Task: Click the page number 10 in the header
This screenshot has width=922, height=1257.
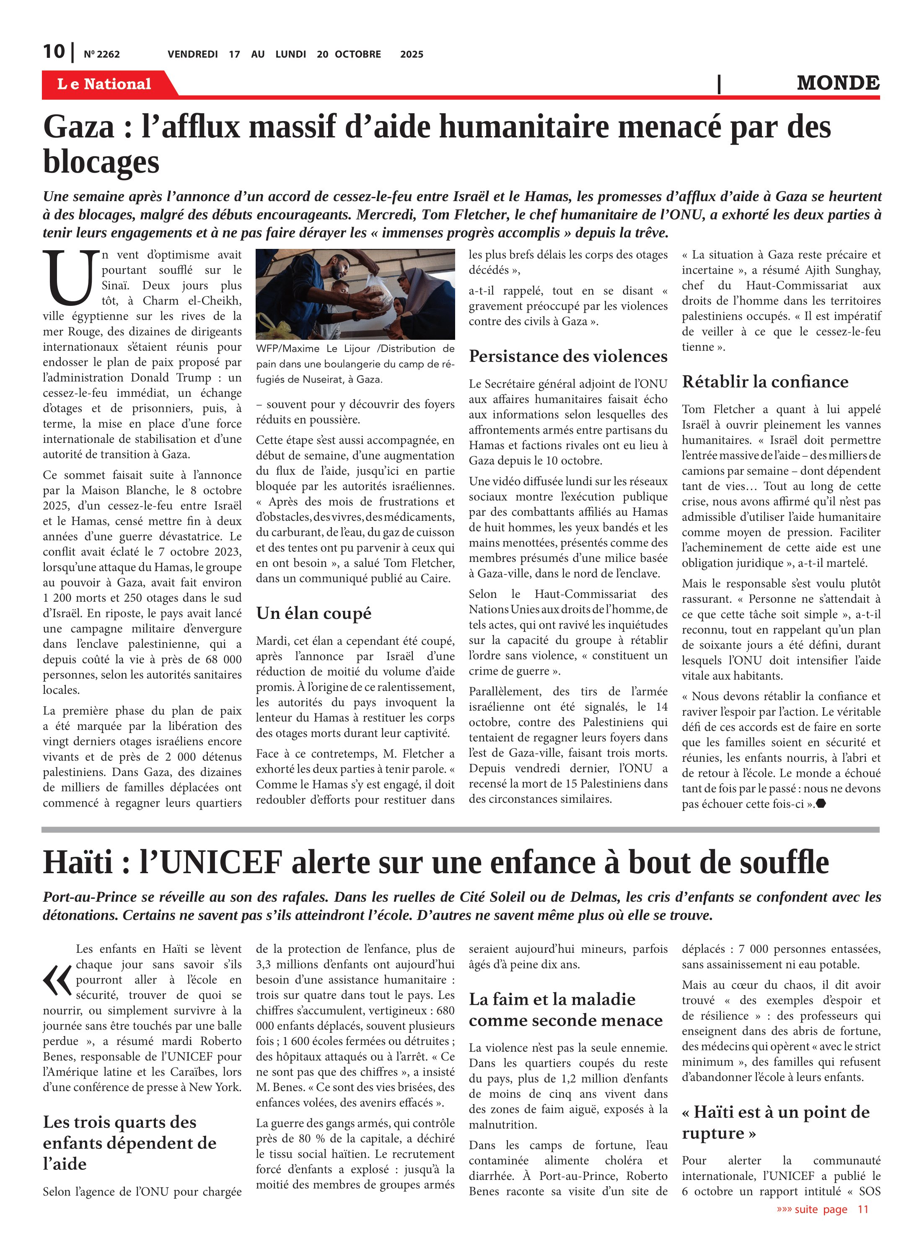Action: [x=54, y=52]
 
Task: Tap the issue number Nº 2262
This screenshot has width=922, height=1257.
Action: [x=101, y=54]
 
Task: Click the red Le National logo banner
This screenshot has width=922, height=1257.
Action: [x=104, y=84]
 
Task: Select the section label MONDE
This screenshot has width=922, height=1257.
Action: [x=838, y=83]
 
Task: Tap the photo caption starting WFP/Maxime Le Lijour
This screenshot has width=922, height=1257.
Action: [x=355, y=364]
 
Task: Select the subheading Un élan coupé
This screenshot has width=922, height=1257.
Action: [x=313, y=613]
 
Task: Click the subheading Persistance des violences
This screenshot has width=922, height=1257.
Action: [x=567, y=356]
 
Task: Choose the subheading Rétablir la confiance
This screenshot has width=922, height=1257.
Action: [x=764, y=382]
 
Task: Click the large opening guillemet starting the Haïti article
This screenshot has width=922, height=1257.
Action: [x=57, y=980]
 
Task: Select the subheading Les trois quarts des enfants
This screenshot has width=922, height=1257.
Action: [x=129, y=1143]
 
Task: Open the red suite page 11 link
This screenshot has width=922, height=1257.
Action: [x=822, y=1209]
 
